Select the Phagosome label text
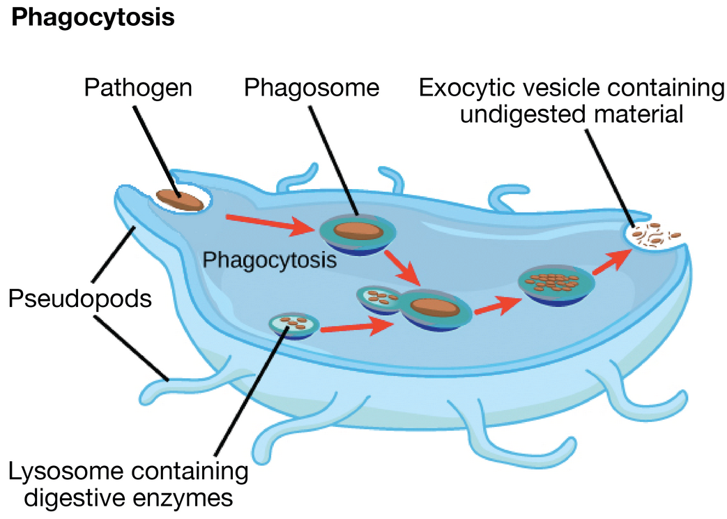coord(312,89)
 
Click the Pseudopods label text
coord(81,299)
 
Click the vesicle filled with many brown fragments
coord(556,283)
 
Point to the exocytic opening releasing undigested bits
coord(656,235)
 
